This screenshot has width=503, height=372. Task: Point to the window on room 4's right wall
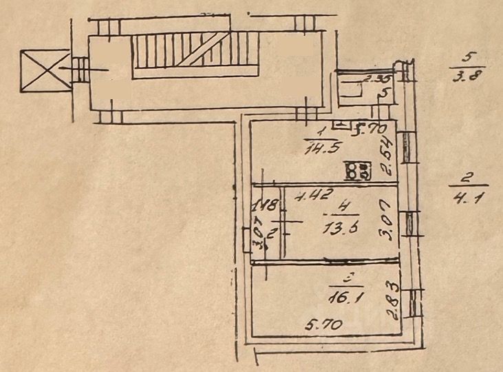[410, 223]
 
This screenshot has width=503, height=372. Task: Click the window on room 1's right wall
[406, 147]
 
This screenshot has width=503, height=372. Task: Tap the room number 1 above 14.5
[321, 130]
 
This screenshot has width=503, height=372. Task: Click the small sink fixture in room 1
[340, 125]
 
